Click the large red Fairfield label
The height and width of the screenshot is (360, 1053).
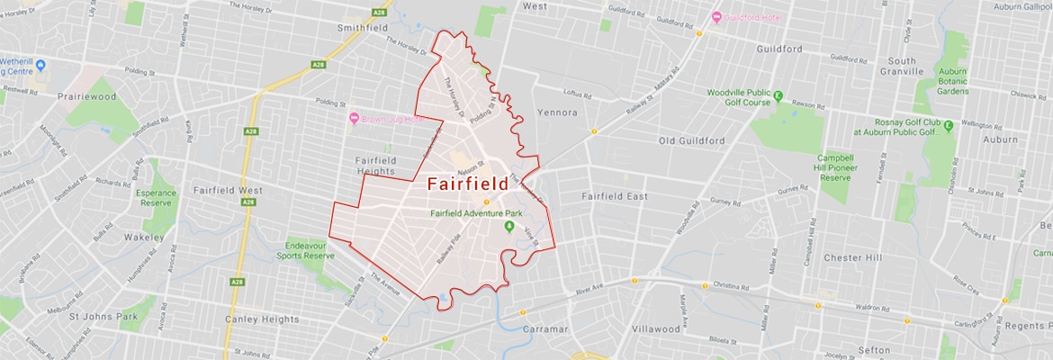tap(466, 184)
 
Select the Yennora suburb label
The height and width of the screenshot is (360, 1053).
tap(555, 112)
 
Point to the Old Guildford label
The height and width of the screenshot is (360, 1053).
tap(692, 141)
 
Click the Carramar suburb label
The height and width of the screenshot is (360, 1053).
tap(545, 328)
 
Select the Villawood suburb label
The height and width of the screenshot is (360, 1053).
tap(655, 328)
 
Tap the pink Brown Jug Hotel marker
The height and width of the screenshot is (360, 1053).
tap(355, 119)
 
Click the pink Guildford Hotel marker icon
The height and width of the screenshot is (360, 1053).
tap(716, 17)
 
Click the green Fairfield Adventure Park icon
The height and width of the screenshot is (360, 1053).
tap(508, 225)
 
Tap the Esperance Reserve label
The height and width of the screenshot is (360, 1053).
tap(156, 198)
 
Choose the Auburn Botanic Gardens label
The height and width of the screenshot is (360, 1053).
tap(952, 81)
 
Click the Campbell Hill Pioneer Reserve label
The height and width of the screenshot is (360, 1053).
tap(835, 167)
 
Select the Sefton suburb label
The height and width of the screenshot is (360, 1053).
tap(875, 346)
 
